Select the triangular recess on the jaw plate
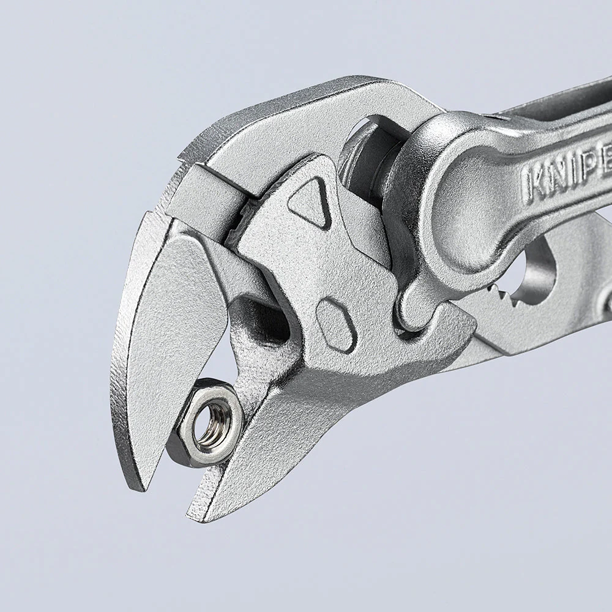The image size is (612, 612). pos(310,202)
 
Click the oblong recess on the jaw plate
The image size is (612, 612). pos(336,325)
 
